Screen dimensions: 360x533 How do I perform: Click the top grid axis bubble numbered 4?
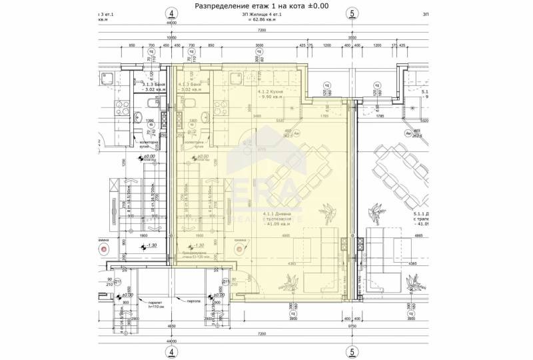(172, 13)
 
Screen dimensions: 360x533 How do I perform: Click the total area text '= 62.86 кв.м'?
(262, 21)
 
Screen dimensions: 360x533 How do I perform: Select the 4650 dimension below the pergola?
(171, 326)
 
